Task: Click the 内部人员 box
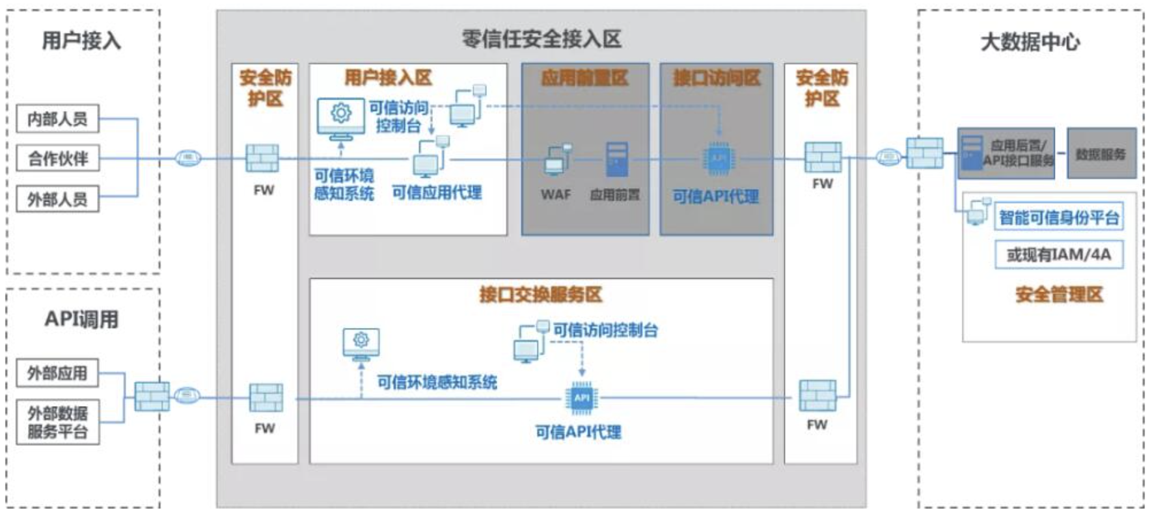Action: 57,119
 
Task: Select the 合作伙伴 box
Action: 57,158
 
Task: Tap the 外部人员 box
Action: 57,198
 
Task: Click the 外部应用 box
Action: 57,373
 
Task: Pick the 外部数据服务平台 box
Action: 57,422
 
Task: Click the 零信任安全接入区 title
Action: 541,39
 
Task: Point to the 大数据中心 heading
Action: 1030,42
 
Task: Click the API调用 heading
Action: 81,319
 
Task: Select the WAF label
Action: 555,194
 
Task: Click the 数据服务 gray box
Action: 1101,154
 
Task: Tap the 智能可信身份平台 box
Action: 1058,217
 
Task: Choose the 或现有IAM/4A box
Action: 1058,254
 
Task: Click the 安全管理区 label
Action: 1059,295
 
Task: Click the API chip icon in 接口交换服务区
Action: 581,398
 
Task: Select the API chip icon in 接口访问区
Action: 718,158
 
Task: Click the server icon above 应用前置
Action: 616,159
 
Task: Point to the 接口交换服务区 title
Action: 540,295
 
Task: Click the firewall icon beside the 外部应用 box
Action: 152,396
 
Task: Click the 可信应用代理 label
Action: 437,193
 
